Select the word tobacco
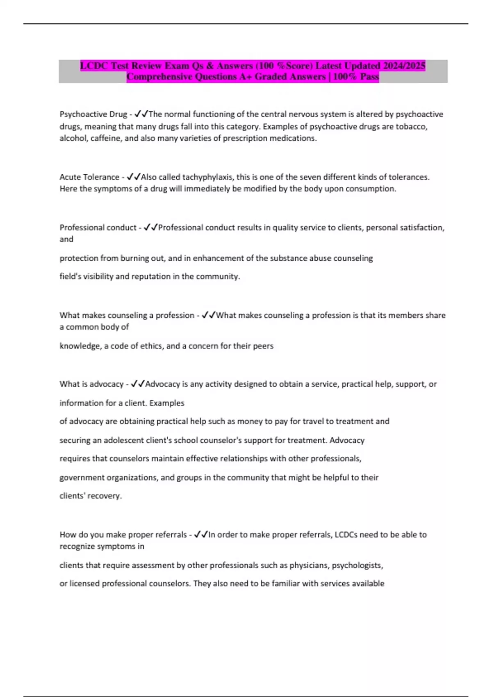pyautogui.click(x=411, y=127)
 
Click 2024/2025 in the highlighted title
pyautogui.click(x=404, y=66)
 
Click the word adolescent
pyautogui.click(x=124, y=440)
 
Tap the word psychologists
pyautogui.click(x=357, y=565)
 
